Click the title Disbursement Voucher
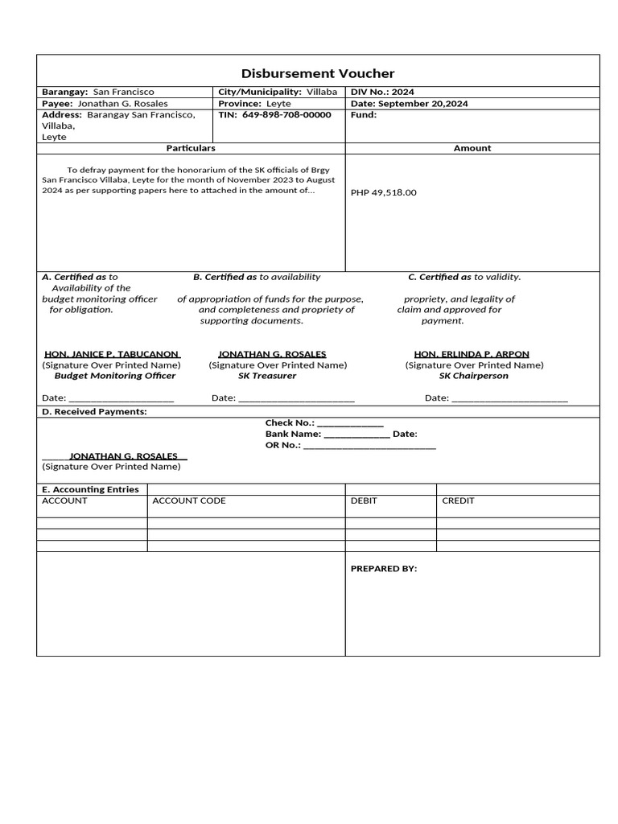[x=318, y=73]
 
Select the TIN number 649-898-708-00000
[x=286, y=115]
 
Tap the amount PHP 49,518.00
[x=384, y=193]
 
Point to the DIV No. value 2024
[x=403, y=93]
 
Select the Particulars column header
[x=191, y=148]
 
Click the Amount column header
[x=472, y=148]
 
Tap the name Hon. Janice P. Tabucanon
[x=111, y=354]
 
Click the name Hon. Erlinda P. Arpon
[x=472, y=354]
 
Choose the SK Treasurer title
[x=267, y=376]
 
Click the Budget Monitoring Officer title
[x=114, y=376]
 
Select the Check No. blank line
[x=350, y=423]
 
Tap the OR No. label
[x=283, y=445]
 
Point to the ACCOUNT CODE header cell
[x=189, y=501]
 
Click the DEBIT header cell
[x=364, y=501]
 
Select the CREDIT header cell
[x=458, y=501]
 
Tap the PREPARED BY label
[x=384, y=569]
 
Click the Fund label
[x=364, y=115]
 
